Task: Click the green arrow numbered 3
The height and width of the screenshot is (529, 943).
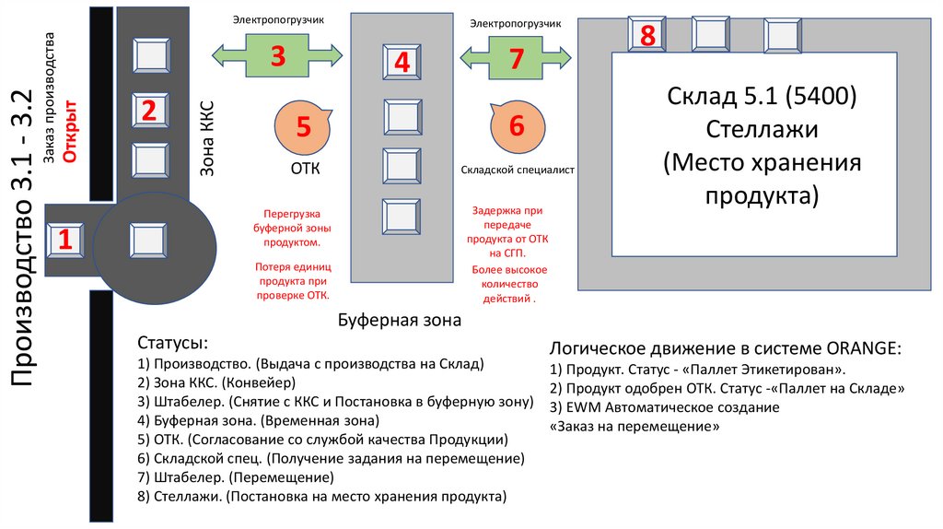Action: click(x=277, y=55)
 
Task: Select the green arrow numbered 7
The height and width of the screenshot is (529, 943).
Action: click(x=516, y=58)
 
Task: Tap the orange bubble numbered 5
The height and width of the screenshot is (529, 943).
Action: click(x=304, y=127)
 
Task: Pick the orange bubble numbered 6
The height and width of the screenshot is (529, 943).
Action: click(x=516, y=127)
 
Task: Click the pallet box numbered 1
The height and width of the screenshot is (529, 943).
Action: click(x=64, y=241)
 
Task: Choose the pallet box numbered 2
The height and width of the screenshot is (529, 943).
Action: click(x=149, y=111)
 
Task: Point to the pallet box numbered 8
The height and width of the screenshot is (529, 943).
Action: click(x=647, y=35)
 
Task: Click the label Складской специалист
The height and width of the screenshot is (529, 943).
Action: click(x=518, y=170)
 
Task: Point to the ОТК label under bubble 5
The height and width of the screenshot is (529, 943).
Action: click(x=304, y=169)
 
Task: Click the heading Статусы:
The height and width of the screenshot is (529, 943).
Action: click(x=172, y=343)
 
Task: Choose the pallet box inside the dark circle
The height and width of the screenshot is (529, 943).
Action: click(x=149, y=241)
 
